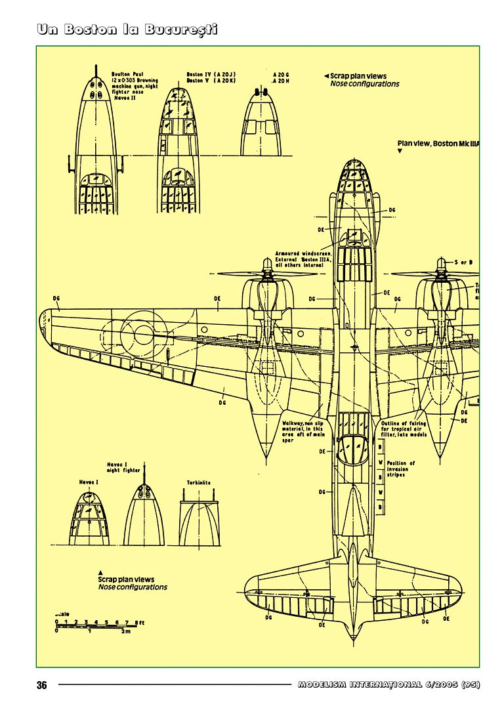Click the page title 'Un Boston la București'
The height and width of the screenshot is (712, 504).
pyautogui.click(x=127, y=30)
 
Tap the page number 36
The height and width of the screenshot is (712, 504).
pyautogui.click(x=42, y=685)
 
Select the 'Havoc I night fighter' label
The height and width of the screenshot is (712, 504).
pyautogui.click(x=123, y=467)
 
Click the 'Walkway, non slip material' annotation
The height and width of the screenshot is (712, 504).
pyautogui.click(x=303, y=431)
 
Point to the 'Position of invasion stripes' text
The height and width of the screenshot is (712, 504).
pyautogui.click(x=401, y=469)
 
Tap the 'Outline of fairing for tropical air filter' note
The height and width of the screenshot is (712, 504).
pyautogui.click(x=404, y=430)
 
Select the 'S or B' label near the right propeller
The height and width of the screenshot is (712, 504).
pyautogui.click(x=463, y=262)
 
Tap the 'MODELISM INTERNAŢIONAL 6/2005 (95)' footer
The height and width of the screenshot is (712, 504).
pyautogui.click(x=389, y=685)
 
